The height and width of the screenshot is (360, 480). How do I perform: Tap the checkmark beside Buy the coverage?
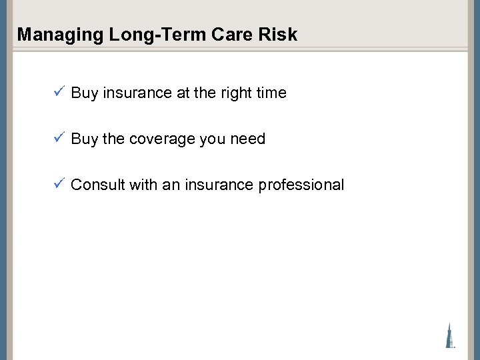coord(59,138)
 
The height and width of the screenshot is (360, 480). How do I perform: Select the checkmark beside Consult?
coord(59,183)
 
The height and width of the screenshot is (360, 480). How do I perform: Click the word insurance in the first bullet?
coord(137,93)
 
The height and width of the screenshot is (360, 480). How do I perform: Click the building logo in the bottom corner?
coord(450,335)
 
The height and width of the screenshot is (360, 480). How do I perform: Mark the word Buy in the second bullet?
coord(84,139)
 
